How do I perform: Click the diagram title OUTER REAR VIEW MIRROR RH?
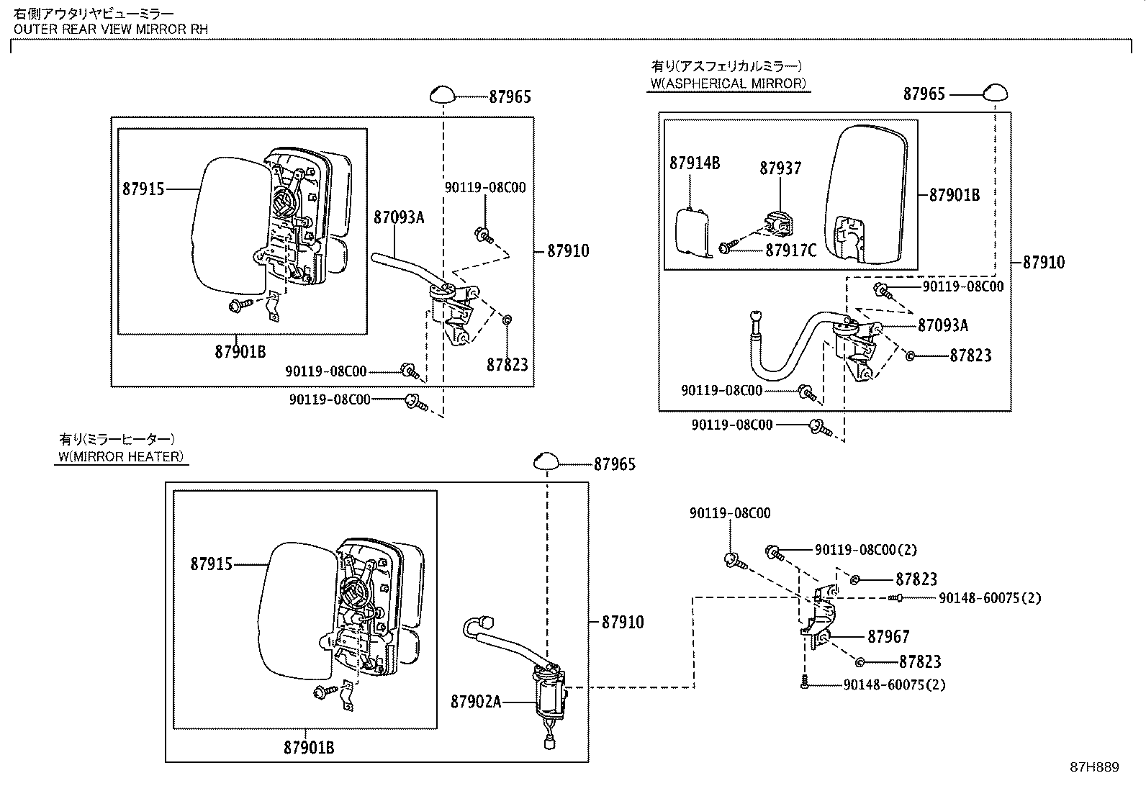110,30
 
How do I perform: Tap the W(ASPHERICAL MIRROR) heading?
728,83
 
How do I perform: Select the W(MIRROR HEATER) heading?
121,456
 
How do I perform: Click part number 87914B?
694,163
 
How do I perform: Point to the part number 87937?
780,168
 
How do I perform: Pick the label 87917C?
790,250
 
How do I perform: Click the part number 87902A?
475,701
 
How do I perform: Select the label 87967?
888,637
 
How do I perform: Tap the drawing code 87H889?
1094,767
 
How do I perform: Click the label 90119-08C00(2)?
865,550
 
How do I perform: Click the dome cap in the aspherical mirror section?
996,92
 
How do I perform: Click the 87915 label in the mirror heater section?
211,564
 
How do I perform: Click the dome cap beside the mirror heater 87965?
546,461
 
